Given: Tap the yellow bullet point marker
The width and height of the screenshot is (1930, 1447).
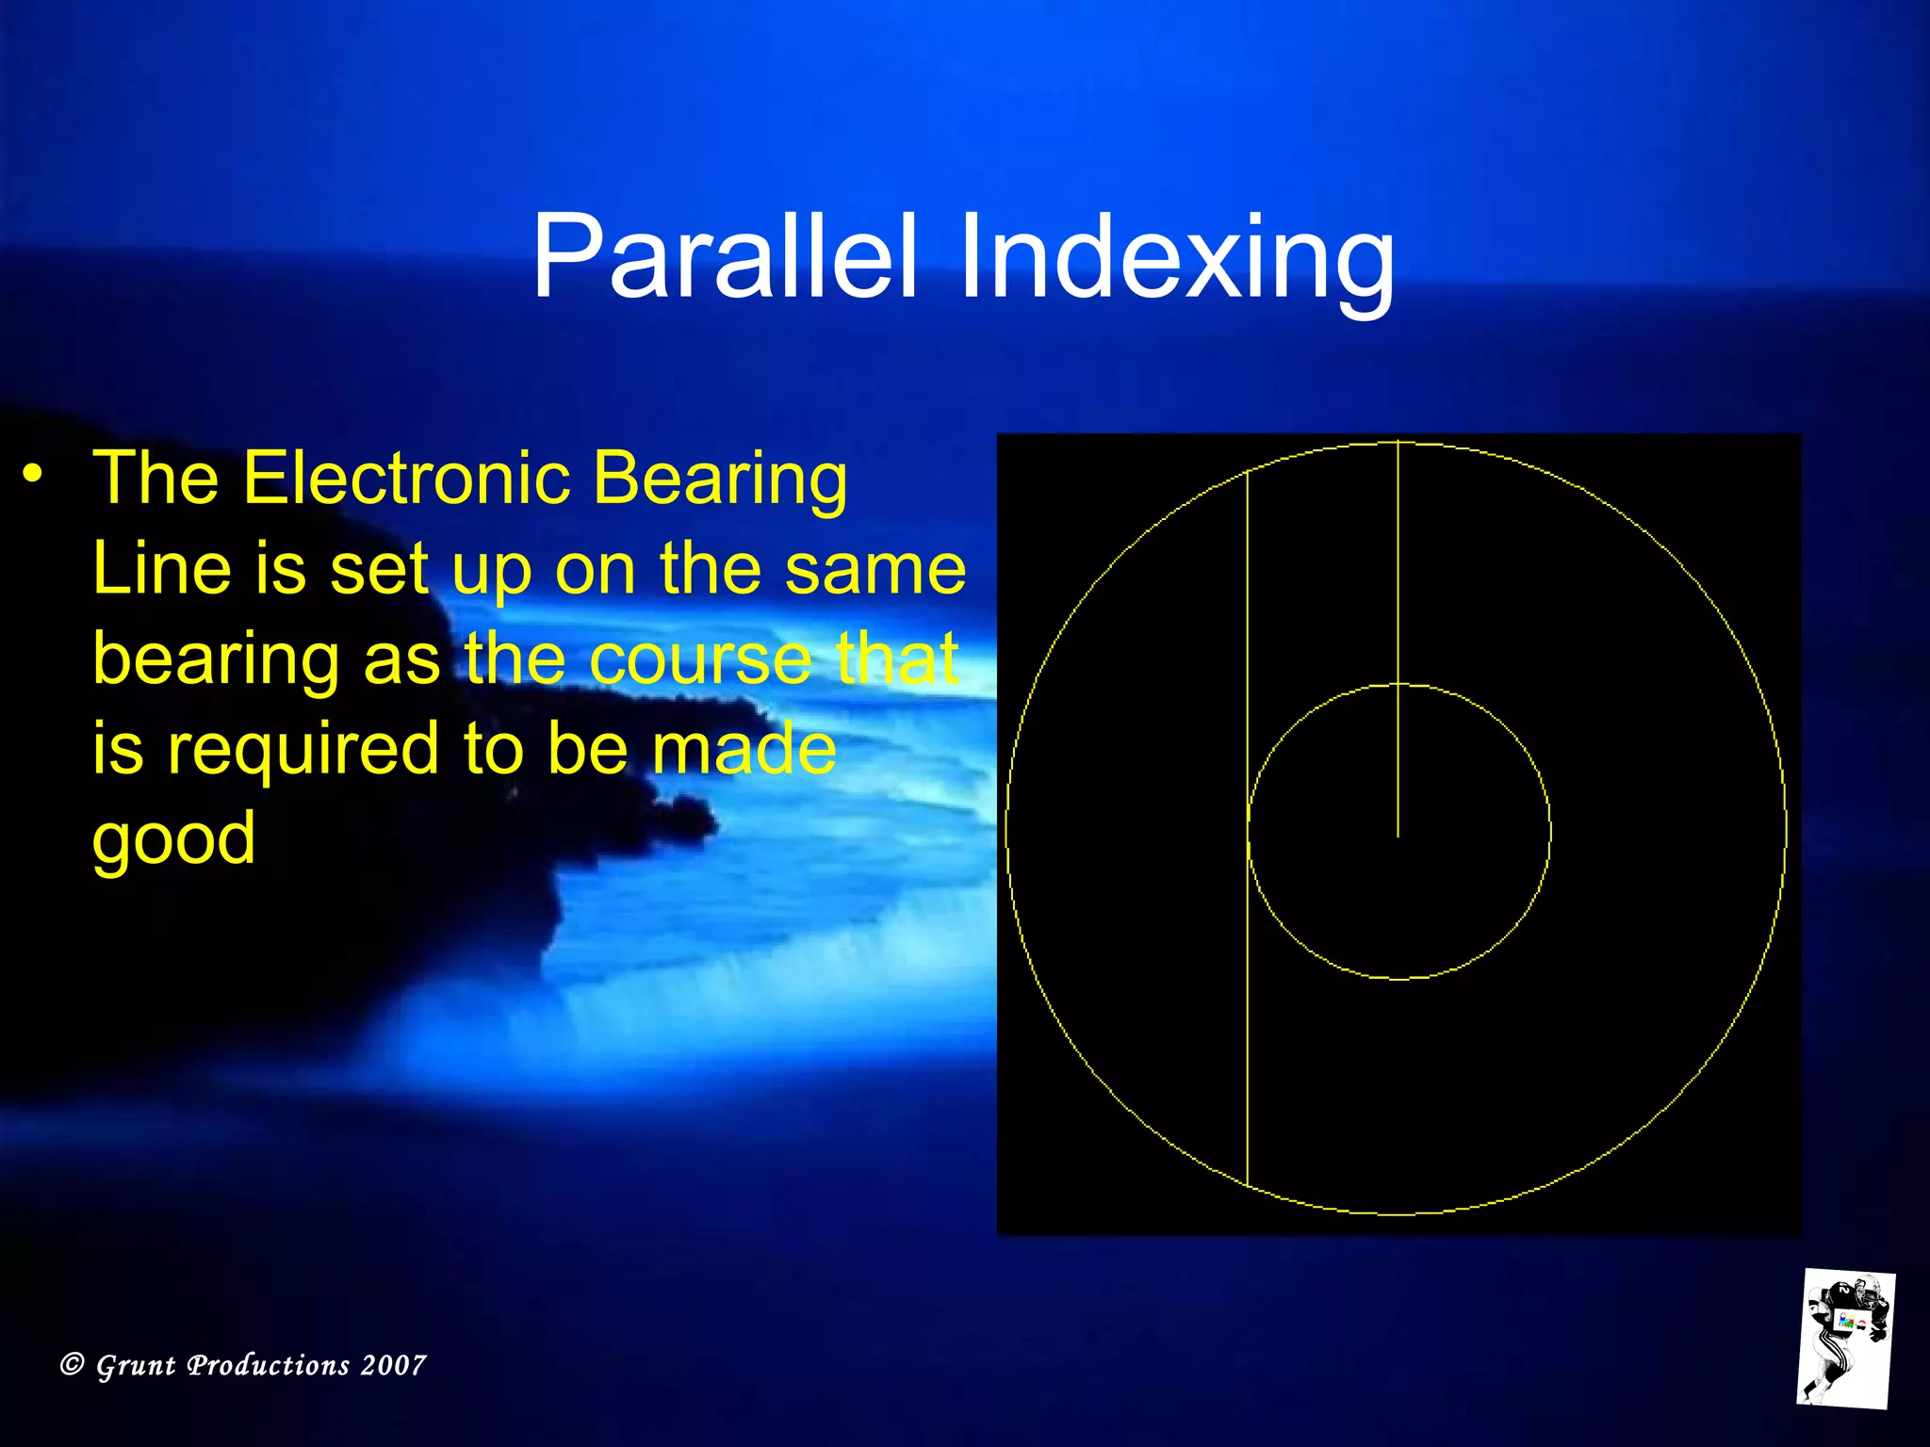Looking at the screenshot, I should [x=34, y=474].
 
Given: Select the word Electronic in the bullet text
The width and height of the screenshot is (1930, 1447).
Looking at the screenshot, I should [x=406, y=478].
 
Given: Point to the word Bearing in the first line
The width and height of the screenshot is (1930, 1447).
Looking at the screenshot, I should [x=720, y=478].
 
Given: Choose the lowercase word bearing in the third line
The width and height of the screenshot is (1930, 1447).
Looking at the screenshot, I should [x=216, y=659].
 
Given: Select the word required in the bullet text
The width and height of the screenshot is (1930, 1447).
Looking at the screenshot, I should [x=302, y=749].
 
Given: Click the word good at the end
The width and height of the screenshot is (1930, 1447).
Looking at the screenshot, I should [x=173, y=838].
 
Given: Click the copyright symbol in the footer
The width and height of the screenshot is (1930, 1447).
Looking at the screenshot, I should [x=73, y=1364].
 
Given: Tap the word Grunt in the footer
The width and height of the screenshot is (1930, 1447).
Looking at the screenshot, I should [x=136, y=1365].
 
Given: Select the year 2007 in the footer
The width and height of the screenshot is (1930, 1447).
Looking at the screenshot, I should [x=393, y=1365].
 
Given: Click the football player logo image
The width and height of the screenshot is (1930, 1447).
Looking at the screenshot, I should [x=1846, y=1338].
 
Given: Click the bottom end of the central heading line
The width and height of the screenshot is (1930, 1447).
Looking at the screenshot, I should [x=1398, y=835].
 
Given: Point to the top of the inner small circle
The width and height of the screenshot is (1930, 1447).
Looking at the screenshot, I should [x=1398, y=685].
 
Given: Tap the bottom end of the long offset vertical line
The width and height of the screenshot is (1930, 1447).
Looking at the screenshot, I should [x=1248, y=1184].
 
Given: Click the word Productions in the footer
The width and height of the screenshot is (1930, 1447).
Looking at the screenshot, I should [x=269, y=1365].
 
